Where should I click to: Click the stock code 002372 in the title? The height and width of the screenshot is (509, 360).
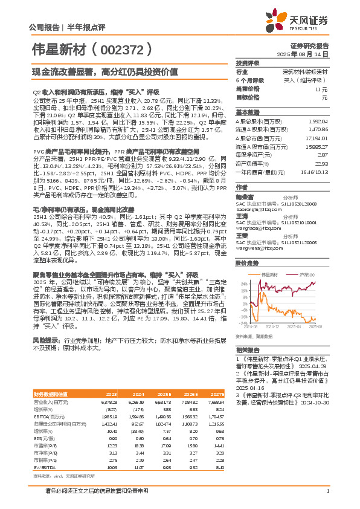click(117, 48)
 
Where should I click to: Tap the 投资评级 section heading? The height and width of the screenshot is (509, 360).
click(247, 63)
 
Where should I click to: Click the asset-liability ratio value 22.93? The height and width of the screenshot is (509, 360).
click(321, 163)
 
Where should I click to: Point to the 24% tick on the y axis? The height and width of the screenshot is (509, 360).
click(243, 266)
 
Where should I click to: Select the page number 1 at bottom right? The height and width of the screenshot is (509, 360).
click(327, 491)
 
